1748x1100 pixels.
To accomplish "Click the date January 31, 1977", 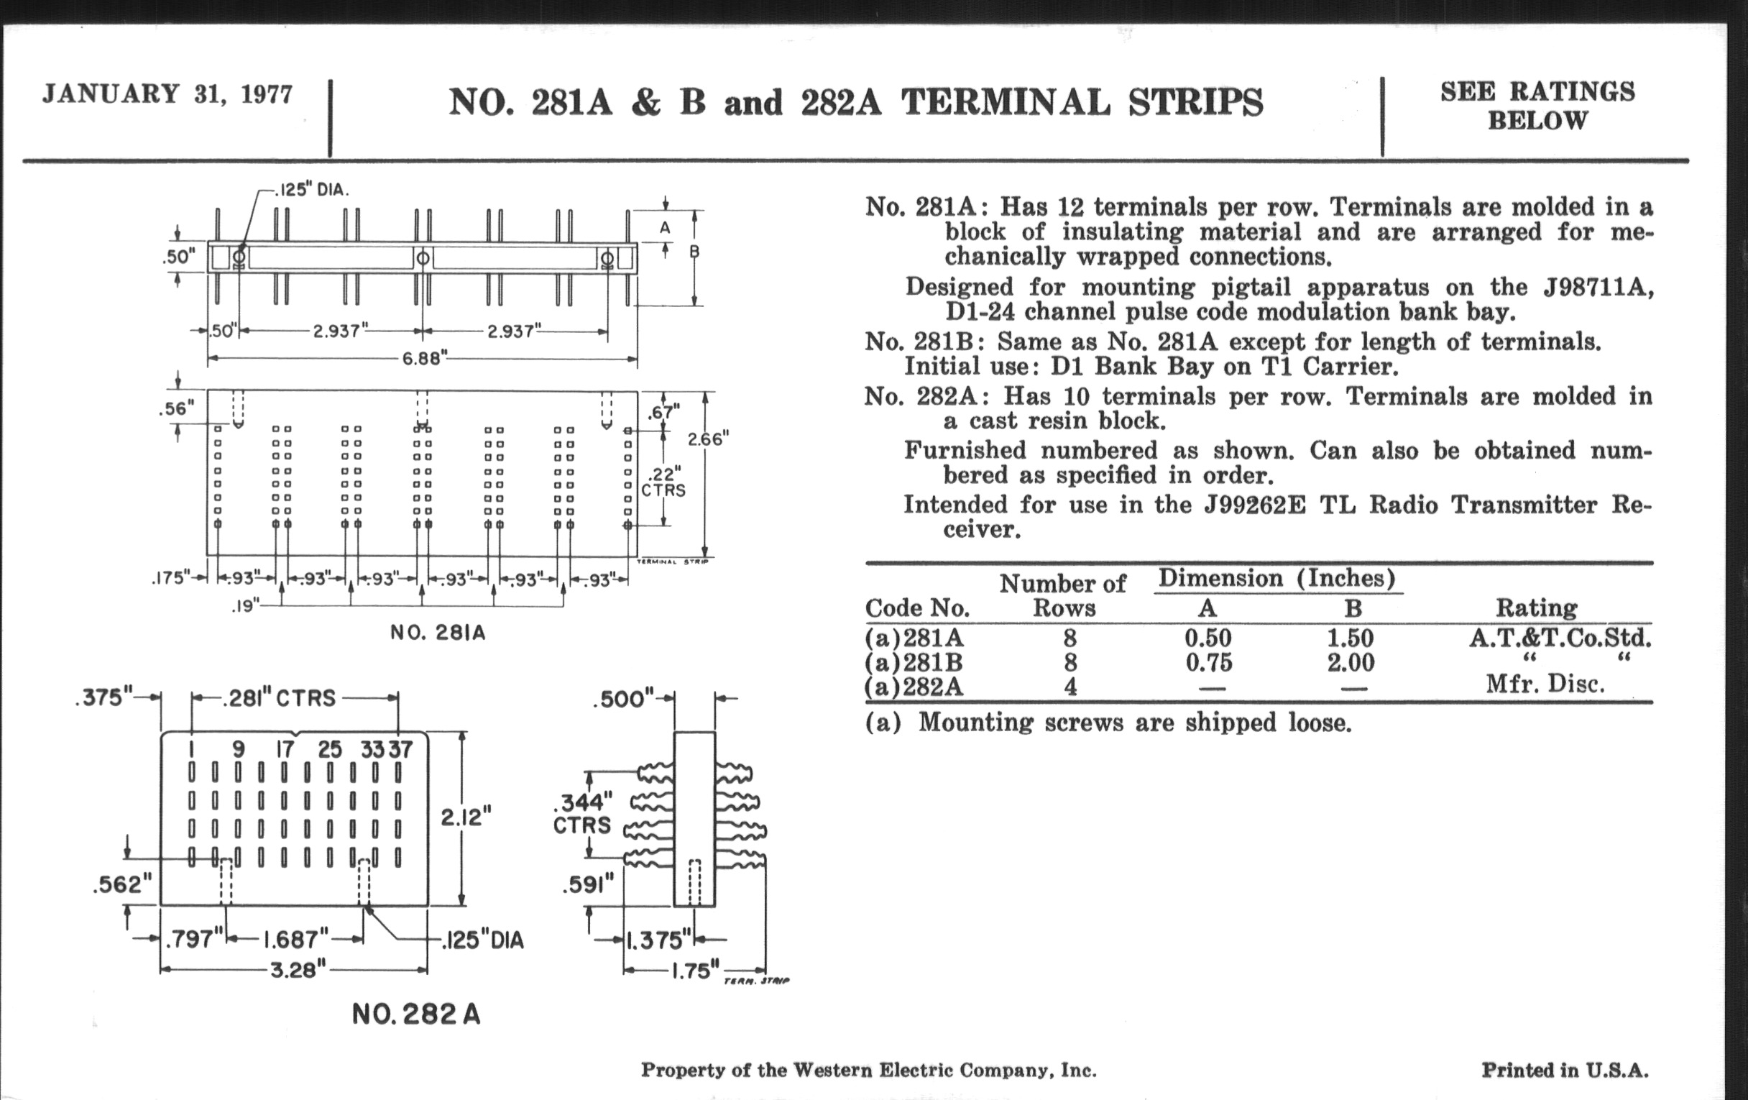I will (x=167, y=94).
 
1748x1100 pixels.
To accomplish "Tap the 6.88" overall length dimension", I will (x=422, y=359).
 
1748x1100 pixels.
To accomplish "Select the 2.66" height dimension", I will (x=708, y=439).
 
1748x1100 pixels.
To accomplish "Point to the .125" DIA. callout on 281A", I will (x=312, y=191).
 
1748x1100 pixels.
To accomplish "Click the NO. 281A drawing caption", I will (x=438, y=633).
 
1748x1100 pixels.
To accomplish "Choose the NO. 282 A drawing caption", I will (x=416, y=1014).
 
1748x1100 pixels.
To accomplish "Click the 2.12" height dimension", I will (x=466, y=818).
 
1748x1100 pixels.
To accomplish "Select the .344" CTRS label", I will (x=583, y=813).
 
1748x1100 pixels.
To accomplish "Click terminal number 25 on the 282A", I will (x=330, y=749).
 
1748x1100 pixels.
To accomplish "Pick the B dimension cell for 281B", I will (x=1351, y=662).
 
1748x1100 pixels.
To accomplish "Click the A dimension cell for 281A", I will (x=1208, y=638).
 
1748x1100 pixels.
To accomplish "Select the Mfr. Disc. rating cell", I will (x=1544, y=684).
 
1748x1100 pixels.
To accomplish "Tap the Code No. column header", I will (x=918, y=608).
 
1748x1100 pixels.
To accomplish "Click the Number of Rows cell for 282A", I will (x=1070, y=686).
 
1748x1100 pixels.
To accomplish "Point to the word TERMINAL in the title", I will (x=1006, y=102).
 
